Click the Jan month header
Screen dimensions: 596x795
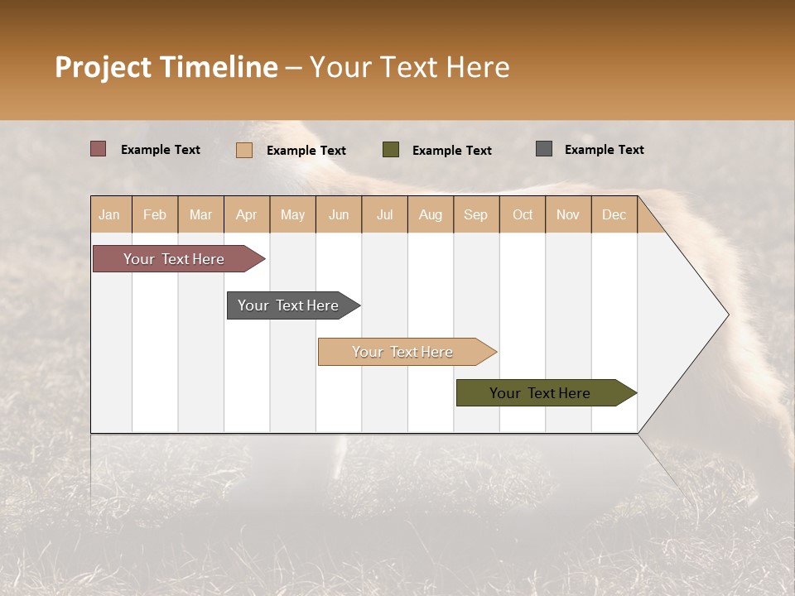point(110,214)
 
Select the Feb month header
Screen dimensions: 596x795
point(155,214)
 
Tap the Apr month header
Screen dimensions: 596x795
point(247,214)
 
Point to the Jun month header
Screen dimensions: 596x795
point(339,214)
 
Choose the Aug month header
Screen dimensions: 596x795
point(431,214)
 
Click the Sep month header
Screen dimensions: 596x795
point(476,214)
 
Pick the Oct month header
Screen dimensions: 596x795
point(523,214)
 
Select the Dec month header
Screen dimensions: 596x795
point(614,214)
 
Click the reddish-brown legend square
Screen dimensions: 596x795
point(98,149)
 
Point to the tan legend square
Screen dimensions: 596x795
point(244,150)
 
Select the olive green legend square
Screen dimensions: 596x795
point(391,149)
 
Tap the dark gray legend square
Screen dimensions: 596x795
point(544,149)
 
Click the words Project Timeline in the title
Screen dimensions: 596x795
point(166,67)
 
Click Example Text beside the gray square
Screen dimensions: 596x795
point(605,150)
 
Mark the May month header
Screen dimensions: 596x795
point(292,214)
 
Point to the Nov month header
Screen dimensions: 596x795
point(568,214)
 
